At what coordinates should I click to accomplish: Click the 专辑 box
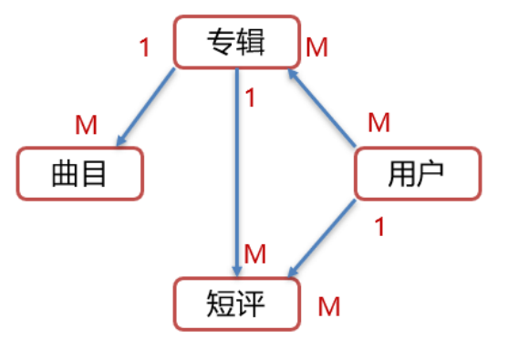(235, 41)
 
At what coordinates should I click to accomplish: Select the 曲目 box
(80, 173)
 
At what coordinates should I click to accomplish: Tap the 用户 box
(416, 173)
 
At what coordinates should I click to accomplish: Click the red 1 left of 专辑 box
(144, 47)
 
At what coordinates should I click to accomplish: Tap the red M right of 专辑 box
(316, 47)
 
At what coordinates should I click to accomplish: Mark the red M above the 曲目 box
(86, 126)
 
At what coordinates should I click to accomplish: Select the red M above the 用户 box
(378, 121)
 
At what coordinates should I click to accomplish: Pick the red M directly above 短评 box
(255, 254)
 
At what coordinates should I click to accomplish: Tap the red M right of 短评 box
(328, 306)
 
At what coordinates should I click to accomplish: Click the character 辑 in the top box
(252, 42)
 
